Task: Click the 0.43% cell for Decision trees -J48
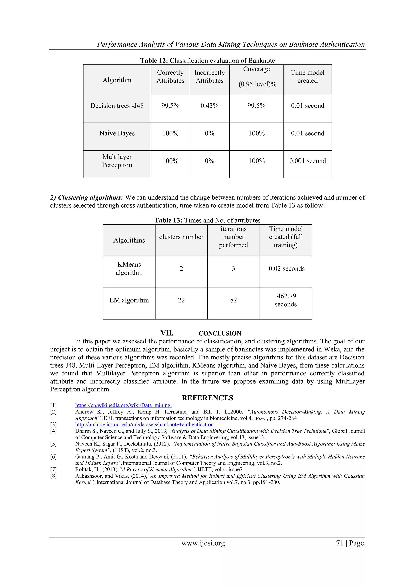(209, 106)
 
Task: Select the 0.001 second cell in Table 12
(307, 161)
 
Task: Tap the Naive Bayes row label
(117, 133)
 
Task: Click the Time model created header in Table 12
(307, 76)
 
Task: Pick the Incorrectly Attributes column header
(209, 76)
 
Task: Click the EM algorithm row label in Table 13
(129, 300)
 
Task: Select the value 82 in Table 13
(233, 300)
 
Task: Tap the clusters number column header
(181, 237)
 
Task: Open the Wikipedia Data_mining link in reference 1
(123, 405)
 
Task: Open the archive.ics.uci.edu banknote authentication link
(144, 424)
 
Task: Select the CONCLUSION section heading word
(220, 333)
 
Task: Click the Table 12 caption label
(154, 61)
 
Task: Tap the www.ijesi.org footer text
(203, 543)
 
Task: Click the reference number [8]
(53, 476)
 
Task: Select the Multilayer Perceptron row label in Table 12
(117, 161)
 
